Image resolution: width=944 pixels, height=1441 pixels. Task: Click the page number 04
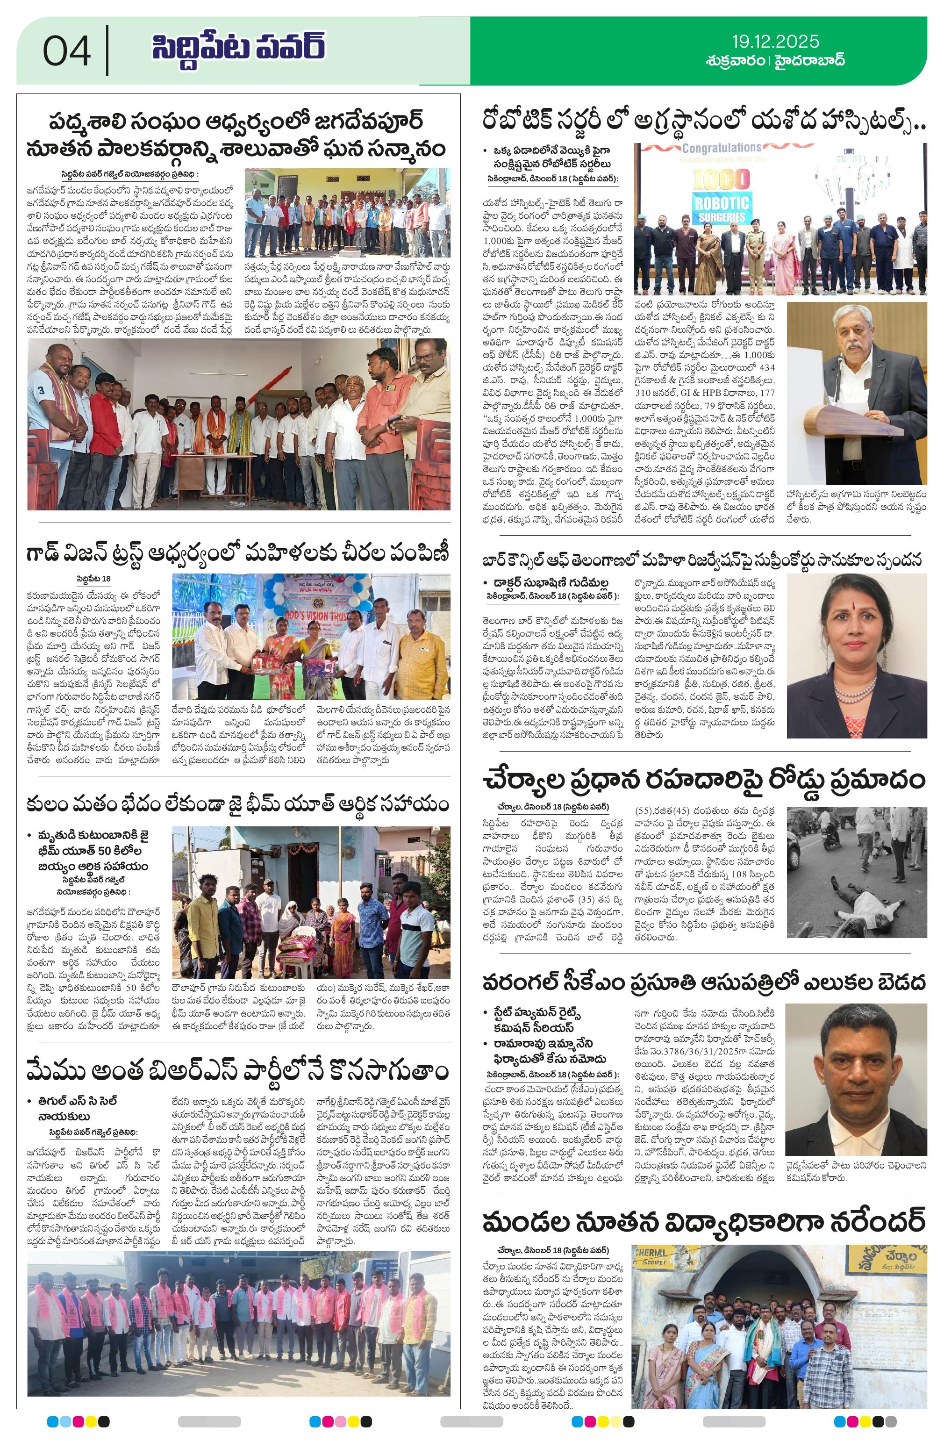point(67,51)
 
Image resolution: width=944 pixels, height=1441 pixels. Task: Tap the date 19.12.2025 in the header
point(775,42)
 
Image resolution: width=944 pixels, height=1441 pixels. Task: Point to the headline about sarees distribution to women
point(238,552)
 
